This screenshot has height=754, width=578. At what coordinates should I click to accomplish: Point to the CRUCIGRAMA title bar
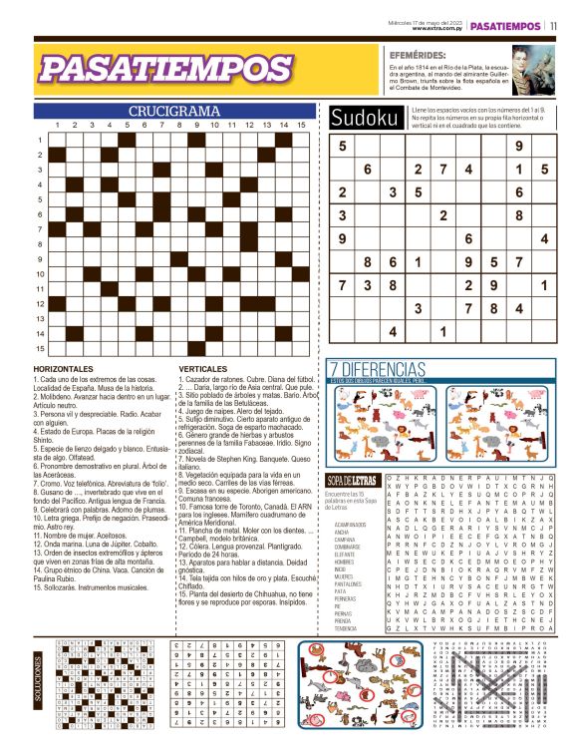tap(174, 111)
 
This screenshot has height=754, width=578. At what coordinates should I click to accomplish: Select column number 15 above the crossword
tap(301, 126)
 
